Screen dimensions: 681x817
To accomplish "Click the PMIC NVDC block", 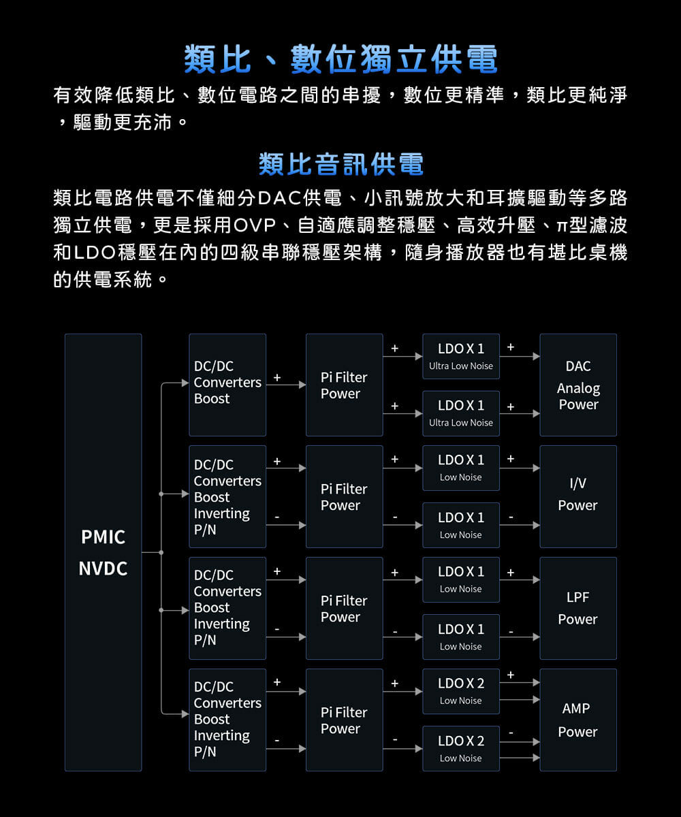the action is [104, 552].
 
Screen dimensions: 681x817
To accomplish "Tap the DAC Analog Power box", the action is [578, 385].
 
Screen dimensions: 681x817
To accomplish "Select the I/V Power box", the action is [578, 496].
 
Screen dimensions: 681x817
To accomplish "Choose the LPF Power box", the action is [578, 608].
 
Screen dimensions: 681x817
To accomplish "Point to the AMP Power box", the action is [578, 720].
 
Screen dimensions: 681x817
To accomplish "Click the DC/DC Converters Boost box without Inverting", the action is [227, 385].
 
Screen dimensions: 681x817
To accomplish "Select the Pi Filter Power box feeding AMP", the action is [345, 720].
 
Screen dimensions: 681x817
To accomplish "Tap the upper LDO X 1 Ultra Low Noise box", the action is [461, 357].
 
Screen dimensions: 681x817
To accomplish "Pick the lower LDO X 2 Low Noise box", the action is [461, 748].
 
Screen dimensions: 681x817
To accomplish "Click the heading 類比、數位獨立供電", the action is [340, 59].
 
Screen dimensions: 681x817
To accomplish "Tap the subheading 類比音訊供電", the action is [341, 164].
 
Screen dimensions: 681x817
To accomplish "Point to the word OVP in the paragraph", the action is [255, 225].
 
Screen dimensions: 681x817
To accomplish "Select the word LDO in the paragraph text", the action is [95, 253].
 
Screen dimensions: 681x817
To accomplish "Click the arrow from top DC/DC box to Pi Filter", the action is [286, 385].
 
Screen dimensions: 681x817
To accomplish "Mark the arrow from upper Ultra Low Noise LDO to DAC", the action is [520, 357].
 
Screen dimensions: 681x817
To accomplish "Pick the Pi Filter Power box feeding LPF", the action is [345, 608].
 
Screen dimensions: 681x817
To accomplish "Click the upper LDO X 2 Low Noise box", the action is [461, 692].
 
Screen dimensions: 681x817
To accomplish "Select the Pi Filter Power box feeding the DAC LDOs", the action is [345, 385].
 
